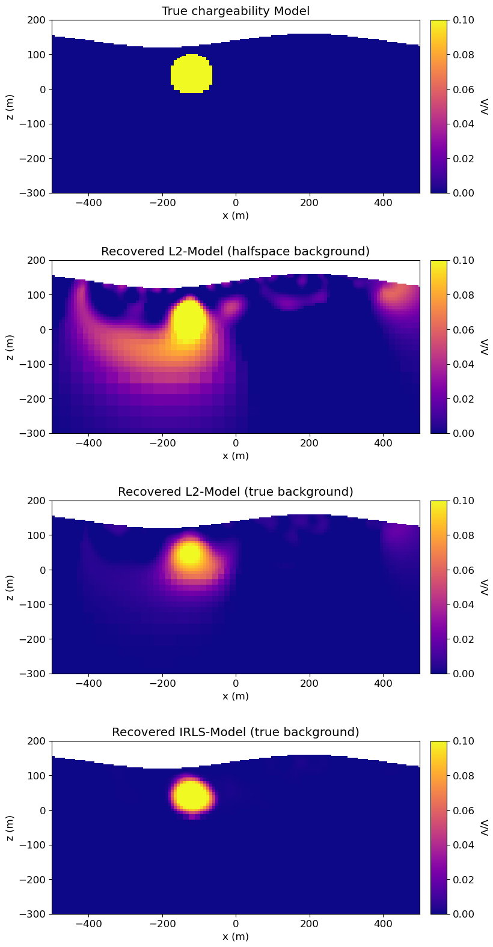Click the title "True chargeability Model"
236,11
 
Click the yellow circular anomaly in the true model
191,74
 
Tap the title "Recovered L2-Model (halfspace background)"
236,251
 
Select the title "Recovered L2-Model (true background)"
236,492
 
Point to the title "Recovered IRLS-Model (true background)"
236,732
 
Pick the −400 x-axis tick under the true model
88,202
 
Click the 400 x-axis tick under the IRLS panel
383,924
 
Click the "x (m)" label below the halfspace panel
236,456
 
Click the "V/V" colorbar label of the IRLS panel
485,827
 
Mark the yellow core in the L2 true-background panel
190,553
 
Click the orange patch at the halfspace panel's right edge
394,296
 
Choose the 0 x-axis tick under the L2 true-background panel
236,683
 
